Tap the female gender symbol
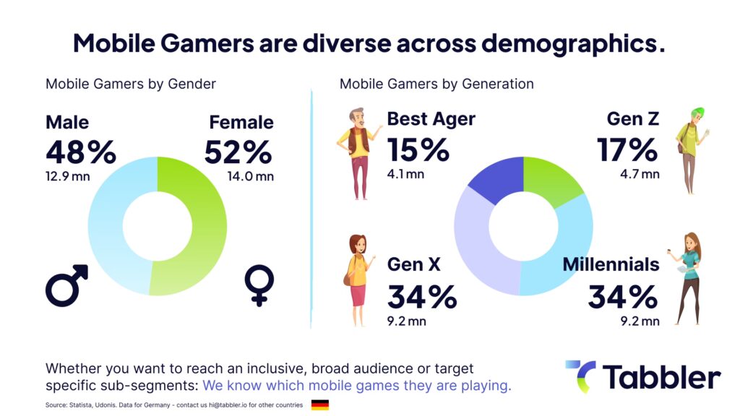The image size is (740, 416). (259, 285)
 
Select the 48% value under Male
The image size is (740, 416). (80, 152)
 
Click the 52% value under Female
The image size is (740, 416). (238, 152)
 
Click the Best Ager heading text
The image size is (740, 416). (431, 119)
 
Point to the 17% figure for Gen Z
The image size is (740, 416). (627, 149)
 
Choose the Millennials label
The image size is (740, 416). (611, 264)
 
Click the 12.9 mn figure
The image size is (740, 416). (68, 176)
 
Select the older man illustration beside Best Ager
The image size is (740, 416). (357, 153)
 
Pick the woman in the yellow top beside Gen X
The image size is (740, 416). (358, 279)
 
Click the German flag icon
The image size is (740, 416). (319, 404)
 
